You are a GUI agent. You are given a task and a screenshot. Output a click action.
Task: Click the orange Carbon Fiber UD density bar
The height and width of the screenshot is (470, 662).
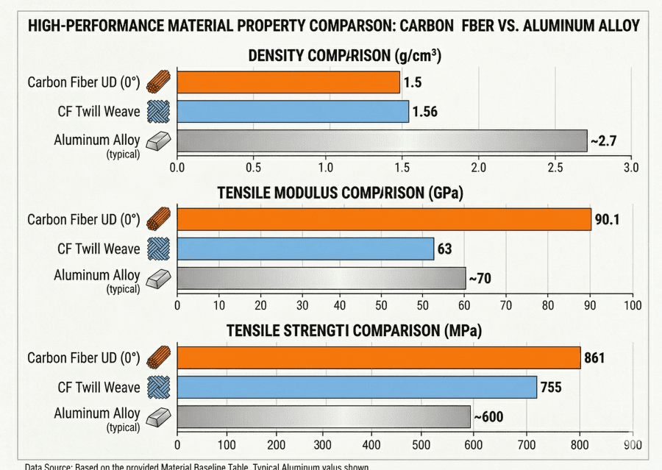pyautogui.click(x=288, y=82)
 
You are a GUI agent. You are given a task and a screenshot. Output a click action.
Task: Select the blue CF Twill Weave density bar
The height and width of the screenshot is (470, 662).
pyautogui.click(x=293, y=111)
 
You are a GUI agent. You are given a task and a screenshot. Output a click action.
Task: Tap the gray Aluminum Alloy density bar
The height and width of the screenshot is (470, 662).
pyautogui.click(x=382, y=140)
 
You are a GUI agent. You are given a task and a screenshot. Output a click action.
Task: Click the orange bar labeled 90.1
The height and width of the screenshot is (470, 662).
pyautogui.click(x=384, y=219)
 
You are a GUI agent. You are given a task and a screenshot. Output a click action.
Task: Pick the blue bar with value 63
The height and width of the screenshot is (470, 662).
pyautogui.click(x=305, y=249)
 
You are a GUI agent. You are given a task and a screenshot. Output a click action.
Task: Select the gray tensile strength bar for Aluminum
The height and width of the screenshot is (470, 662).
pyautogui.click(x=324, y=416)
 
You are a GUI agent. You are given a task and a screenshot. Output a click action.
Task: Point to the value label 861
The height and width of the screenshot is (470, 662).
pyautogui.click(x=594, y=358)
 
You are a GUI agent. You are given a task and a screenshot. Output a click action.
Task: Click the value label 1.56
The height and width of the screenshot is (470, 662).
pyautogui.click(x=424, y=112)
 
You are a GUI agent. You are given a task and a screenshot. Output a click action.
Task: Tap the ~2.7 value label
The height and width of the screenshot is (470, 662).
pyautogui.click(x=603, y=140)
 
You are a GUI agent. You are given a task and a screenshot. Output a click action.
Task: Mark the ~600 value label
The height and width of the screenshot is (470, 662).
pyautogui.click(x=488, y=417)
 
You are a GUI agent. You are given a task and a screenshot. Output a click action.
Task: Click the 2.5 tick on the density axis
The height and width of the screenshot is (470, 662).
pyautogui.click(x=555, y=166)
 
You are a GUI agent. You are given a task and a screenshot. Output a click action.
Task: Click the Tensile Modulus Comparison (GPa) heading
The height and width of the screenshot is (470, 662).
pyautogui.click(x=344, y=193)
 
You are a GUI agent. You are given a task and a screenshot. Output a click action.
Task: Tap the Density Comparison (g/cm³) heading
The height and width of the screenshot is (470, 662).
pyautogui.click(x=344, y=56)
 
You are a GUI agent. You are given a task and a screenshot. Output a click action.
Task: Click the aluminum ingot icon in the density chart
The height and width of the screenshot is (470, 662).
pyautogui.click(x=158, y=140)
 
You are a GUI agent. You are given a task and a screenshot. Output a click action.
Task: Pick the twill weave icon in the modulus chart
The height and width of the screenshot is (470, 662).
pyautogui.click(x=158, y=249)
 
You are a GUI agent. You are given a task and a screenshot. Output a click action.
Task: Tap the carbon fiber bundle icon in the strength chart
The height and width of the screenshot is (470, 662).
pyautogui.click(x=158, y=358)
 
